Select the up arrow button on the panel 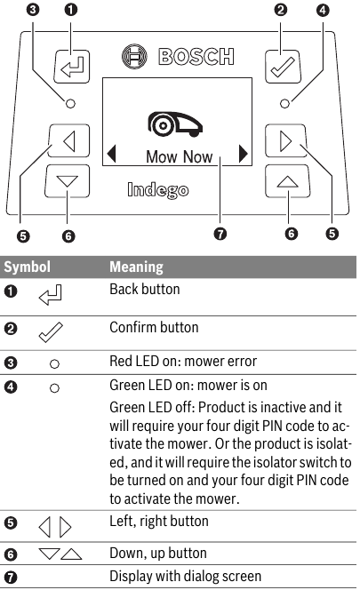pyautogui.click(x=285, y=180)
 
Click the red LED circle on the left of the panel pyautogui.click(x=70, y=102)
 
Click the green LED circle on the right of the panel pyautogui.click(x=284, y=102)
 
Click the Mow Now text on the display pyautogui.click(x=179, y=157)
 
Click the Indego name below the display pyautogui.click(x=157, y=189)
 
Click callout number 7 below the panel pyautogui.click(x=220, y=235)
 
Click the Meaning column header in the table pyautogui.click(x=135, y=267)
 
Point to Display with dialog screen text pyautogui.click(x=184, y=578)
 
